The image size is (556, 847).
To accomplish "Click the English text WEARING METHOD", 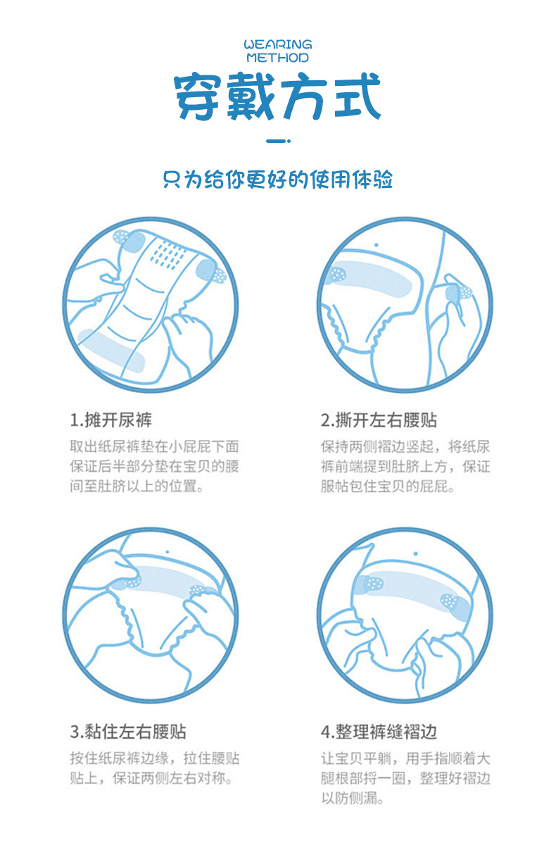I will pos(277,51).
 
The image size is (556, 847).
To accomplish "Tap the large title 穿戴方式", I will pos(277,97).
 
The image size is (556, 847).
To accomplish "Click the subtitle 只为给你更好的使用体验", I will pos(277,179).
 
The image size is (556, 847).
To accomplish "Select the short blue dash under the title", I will pos(277,142).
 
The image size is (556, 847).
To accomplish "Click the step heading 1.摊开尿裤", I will pos(110,420).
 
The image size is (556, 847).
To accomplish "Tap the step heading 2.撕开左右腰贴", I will pos(379,420).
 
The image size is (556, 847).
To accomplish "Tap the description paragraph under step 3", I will pos(155,768).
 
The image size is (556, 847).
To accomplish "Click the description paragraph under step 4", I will pos(405,778).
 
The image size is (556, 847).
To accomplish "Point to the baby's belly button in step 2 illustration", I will pos(377,245).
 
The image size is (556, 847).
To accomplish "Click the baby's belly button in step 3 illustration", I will pos(168,551).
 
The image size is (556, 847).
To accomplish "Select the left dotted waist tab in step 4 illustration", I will pos(371,584).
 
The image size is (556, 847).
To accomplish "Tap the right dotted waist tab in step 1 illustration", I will pos(210,273).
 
